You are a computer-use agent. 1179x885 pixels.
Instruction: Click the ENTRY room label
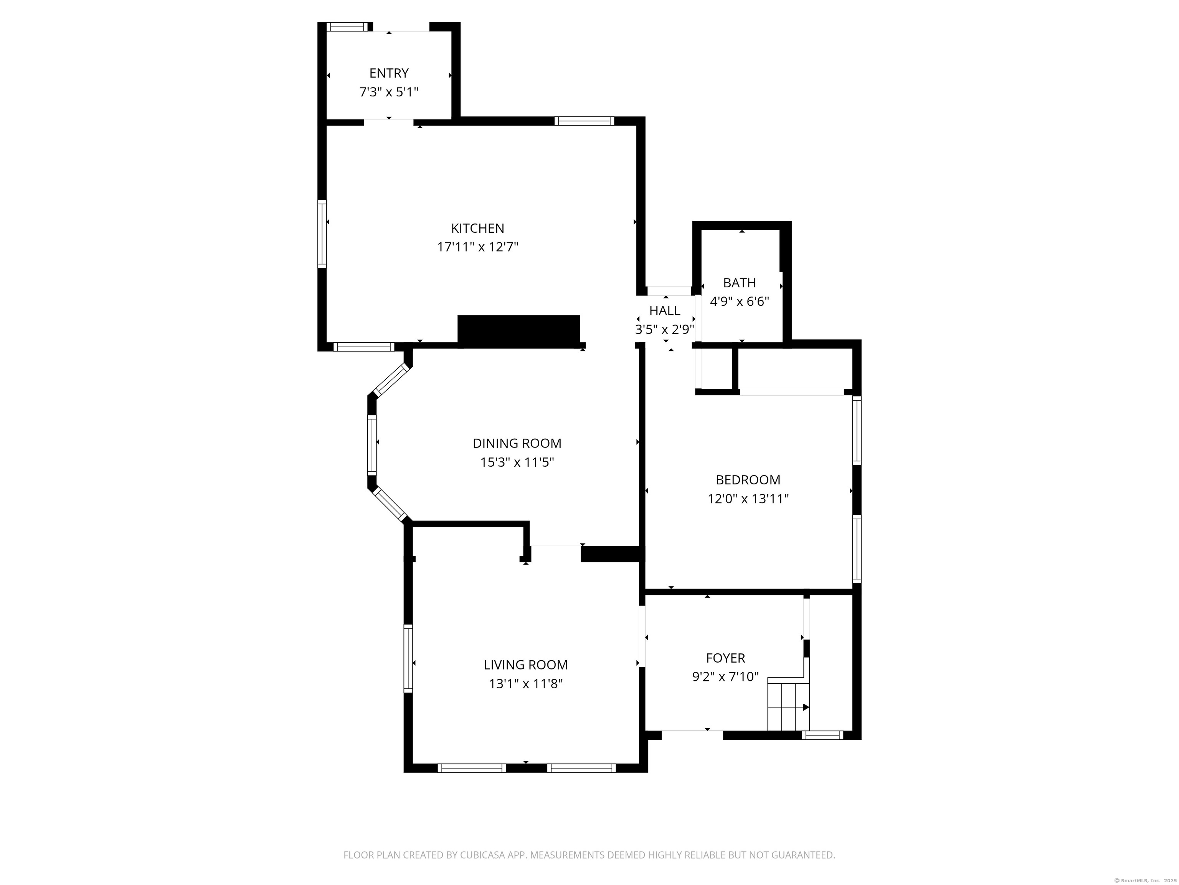click(389, 73)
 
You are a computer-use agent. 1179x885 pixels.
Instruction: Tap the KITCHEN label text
click(477, 228)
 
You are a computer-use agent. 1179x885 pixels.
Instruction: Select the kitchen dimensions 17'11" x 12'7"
click(477, 247)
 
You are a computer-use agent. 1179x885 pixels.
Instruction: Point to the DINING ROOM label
click(517, 443)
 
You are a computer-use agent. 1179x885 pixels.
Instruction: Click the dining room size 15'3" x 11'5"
click(517, 462)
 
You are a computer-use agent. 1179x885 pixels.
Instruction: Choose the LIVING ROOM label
click(525, 665)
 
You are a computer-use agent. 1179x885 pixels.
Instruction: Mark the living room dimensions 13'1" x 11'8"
click(525, 683)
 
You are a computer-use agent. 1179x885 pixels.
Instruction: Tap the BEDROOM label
click(748, 480)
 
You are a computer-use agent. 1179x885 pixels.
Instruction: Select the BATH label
click(739, 283)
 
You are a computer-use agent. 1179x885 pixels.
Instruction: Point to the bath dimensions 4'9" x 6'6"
click(739, 302)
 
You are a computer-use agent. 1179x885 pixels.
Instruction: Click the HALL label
click(665, 310)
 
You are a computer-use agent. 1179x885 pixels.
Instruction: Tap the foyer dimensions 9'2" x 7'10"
click(725, 676)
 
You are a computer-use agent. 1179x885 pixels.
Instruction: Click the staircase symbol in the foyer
click(788, 704)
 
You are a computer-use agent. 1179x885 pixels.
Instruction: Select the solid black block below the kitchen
click(518, 331)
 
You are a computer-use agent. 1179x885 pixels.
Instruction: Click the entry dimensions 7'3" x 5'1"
click(389, 92)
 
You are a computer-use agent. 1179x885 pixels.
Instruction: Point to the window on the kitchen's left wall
click(322, 233)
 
